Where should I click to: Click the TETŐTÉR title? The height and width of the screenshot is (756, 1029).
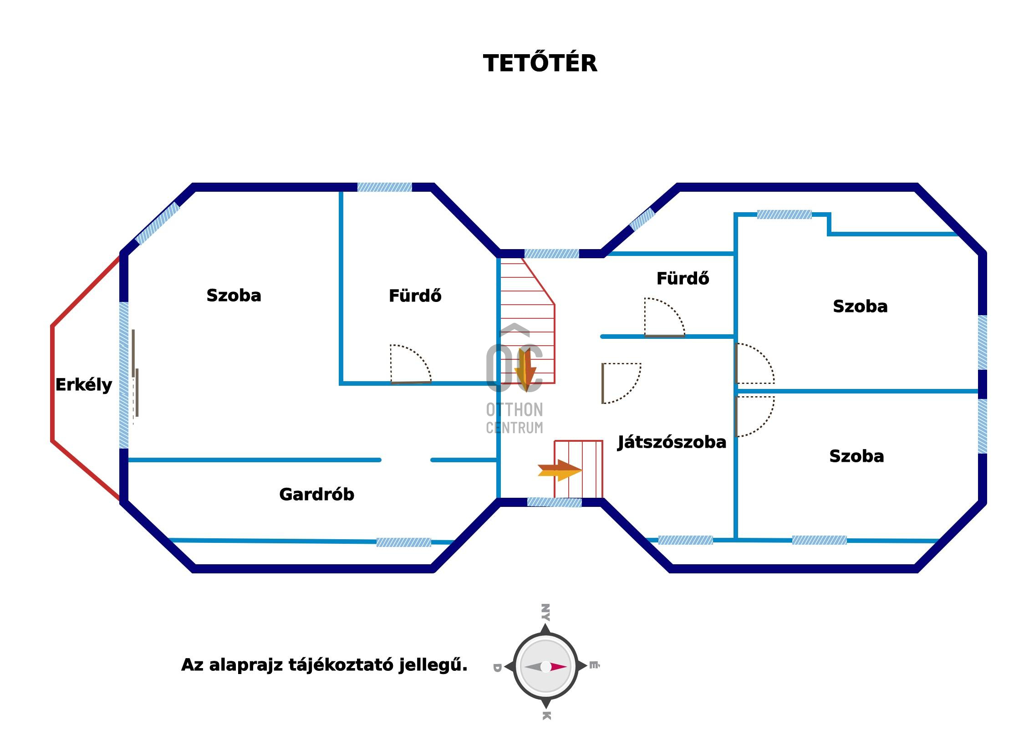[540, 63]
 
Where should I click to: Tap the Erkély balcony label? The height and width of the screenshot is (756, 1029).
[84, 385]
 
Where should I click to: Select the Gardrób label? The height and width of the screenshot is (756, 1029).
[316, 494]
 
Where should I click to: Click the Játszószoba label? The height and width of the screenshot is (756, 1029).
[671, 442]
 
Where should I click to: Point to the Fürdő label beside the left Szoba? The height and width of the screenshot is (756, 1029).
[415, 296]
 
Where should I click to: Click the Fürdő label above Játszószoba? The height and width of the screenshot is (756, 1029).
[682, 278]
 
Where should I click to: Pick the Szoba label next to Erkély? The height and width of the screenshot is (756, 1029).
[233, 295]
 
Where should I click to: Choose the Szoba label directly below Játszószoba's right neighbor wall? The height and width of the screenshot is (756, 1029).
[856, 456]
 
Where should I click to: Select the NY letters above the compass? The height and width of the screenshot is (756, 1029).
[545, 612]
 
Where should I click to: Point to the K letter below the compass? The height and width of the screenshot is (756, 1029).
[546, 715]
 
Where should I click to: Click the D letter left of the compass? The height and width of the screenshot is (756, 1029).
[497, 667]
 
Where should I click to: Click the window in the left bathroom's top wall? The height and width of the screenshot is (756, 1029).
[384, 187]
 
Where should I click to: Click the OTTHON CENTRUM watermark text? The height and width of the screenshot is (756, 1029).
[514, 418]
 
